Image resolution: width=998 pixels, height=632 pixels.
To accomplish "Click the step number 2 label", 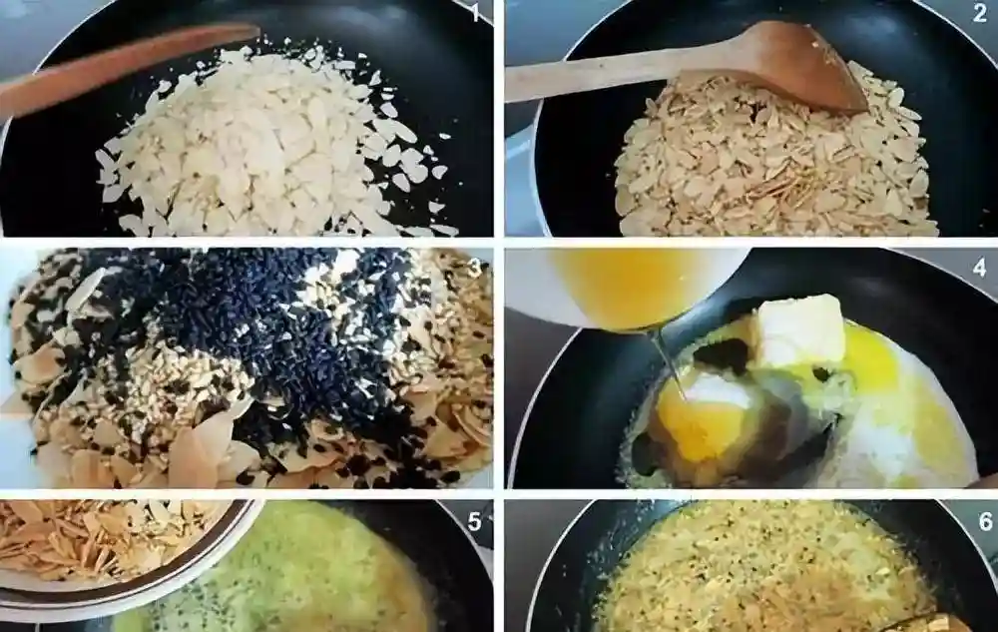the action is pos(980,12).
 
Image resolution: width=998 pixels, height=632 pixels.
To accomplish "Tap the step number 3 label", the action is pos(474,268).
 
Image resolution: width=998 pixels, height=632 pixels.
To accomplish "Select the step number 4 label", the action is pos(980,268).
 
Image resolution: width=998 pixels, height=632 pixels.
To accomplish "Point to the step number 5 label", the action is pos(474,521).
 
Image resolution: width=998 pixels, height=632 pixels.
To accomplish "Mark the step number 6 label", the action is pos(985,521).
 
